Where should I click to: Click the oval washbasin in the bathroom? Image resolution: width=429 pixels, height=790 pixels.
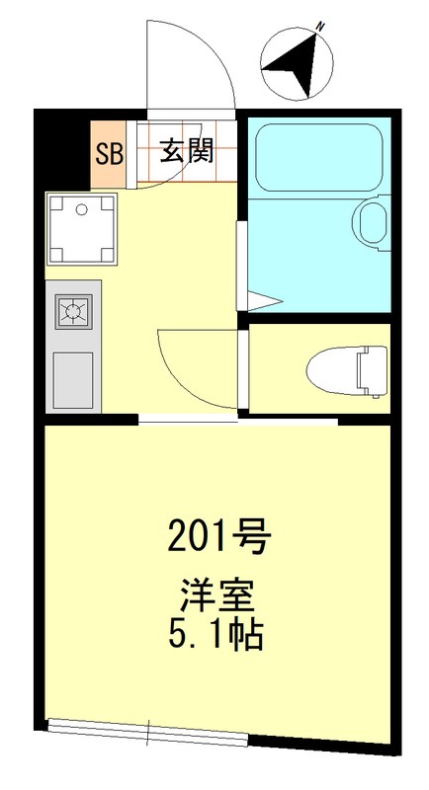(373, 224)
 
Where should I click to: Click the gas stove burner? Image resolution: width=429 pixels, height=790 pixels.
(73, 312)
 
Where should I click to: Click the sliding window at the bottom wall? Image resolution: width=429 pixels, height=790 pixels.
(148, 731)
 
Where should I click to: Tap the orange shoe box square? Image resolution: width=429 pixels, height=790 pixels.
(109, 155)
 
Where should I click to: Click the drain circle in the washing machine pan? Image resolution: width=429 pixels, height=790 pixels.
(81, 209)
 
